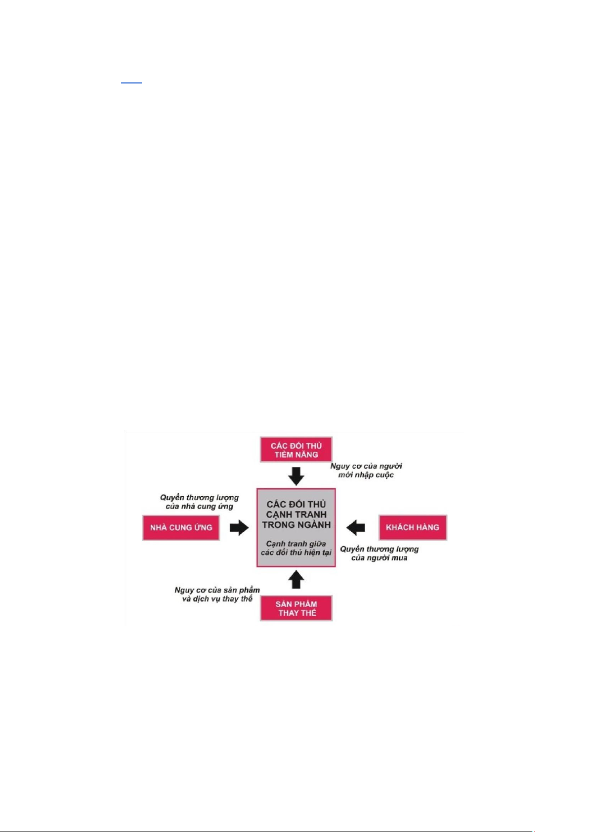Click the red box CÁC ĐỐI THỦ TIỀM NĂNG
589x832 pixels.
click(296, 450)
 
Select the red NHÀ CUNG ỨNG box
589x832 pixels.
click(181, 528)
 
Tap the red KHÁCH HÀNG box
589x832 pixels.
click(413, 528)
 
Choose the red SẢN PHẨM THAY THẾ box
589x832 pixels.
click(296, 608)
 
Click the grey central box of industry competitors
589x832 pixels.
click(296, 527)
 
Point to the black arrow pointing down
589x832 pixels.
click(296, 476)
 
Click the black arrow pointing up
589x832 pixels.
click(296, 580)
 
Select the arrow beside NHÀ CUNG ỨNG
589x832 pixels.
click(240, 528)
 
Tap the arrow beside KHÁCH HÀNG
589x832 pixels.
click(355, 528)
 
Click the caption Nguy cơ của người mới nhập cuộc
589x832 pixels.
click(366, 471)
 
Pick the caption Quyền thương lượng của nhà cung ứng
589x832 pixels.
click(199, 502)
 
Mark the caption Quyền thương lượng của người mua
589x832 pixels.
click(379, 554)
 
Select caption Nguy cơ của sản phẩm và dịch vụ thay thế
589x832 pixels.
click(217, 594)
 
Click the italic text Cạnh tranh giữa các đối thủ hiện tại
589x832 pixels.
click(296, 548)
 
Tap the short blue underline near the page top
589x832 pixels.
click(131, 82)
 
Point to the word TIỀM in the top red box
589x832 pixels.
click(284, 455)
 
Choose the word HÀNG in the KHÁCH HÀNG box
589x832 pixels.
click(427, 527)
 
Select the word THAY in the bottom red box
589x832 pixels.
click(288, 613)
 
